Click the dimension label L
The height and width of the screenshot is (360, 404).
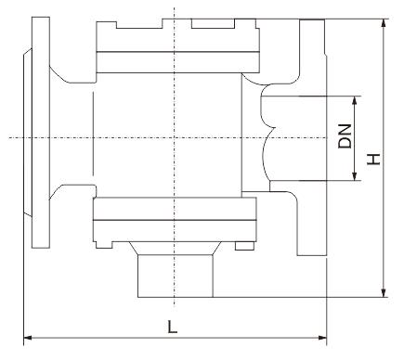172,327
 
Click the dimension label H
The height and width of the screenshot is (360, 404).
373,159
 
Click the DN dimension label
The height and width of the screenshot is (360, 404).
345,136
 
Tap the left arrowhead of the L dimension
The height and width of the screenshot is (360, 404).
28,338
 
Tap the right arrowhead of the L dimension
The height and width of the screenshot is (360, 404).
322,338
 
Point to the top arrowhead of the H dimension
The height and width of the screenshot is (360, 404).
384,23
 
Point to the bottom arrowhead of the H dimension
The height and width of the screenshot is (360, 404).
384,293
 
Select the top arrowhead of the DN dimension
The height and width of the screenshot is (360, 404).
355,100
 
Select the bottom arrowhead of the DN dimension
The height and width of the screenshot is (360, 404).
355,176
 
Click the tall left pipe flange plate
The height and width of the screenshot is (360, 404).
41,133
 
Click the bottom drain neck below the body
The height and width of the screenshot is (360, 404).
176,276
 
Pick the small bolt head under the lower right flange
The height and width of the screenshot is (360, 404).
244,246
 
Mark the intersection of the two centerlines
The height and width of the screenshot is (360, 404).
175,137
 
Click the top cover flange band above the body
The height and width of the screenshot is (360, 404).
177,62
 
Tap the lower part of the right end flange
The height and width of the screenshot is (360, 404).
311,224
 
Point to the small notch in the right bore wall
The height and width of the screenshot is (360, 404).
272,128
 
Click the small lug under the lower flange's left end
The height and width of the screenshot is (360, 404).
104,245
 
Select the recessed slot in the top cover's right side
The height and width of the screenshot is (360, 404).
213,24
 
